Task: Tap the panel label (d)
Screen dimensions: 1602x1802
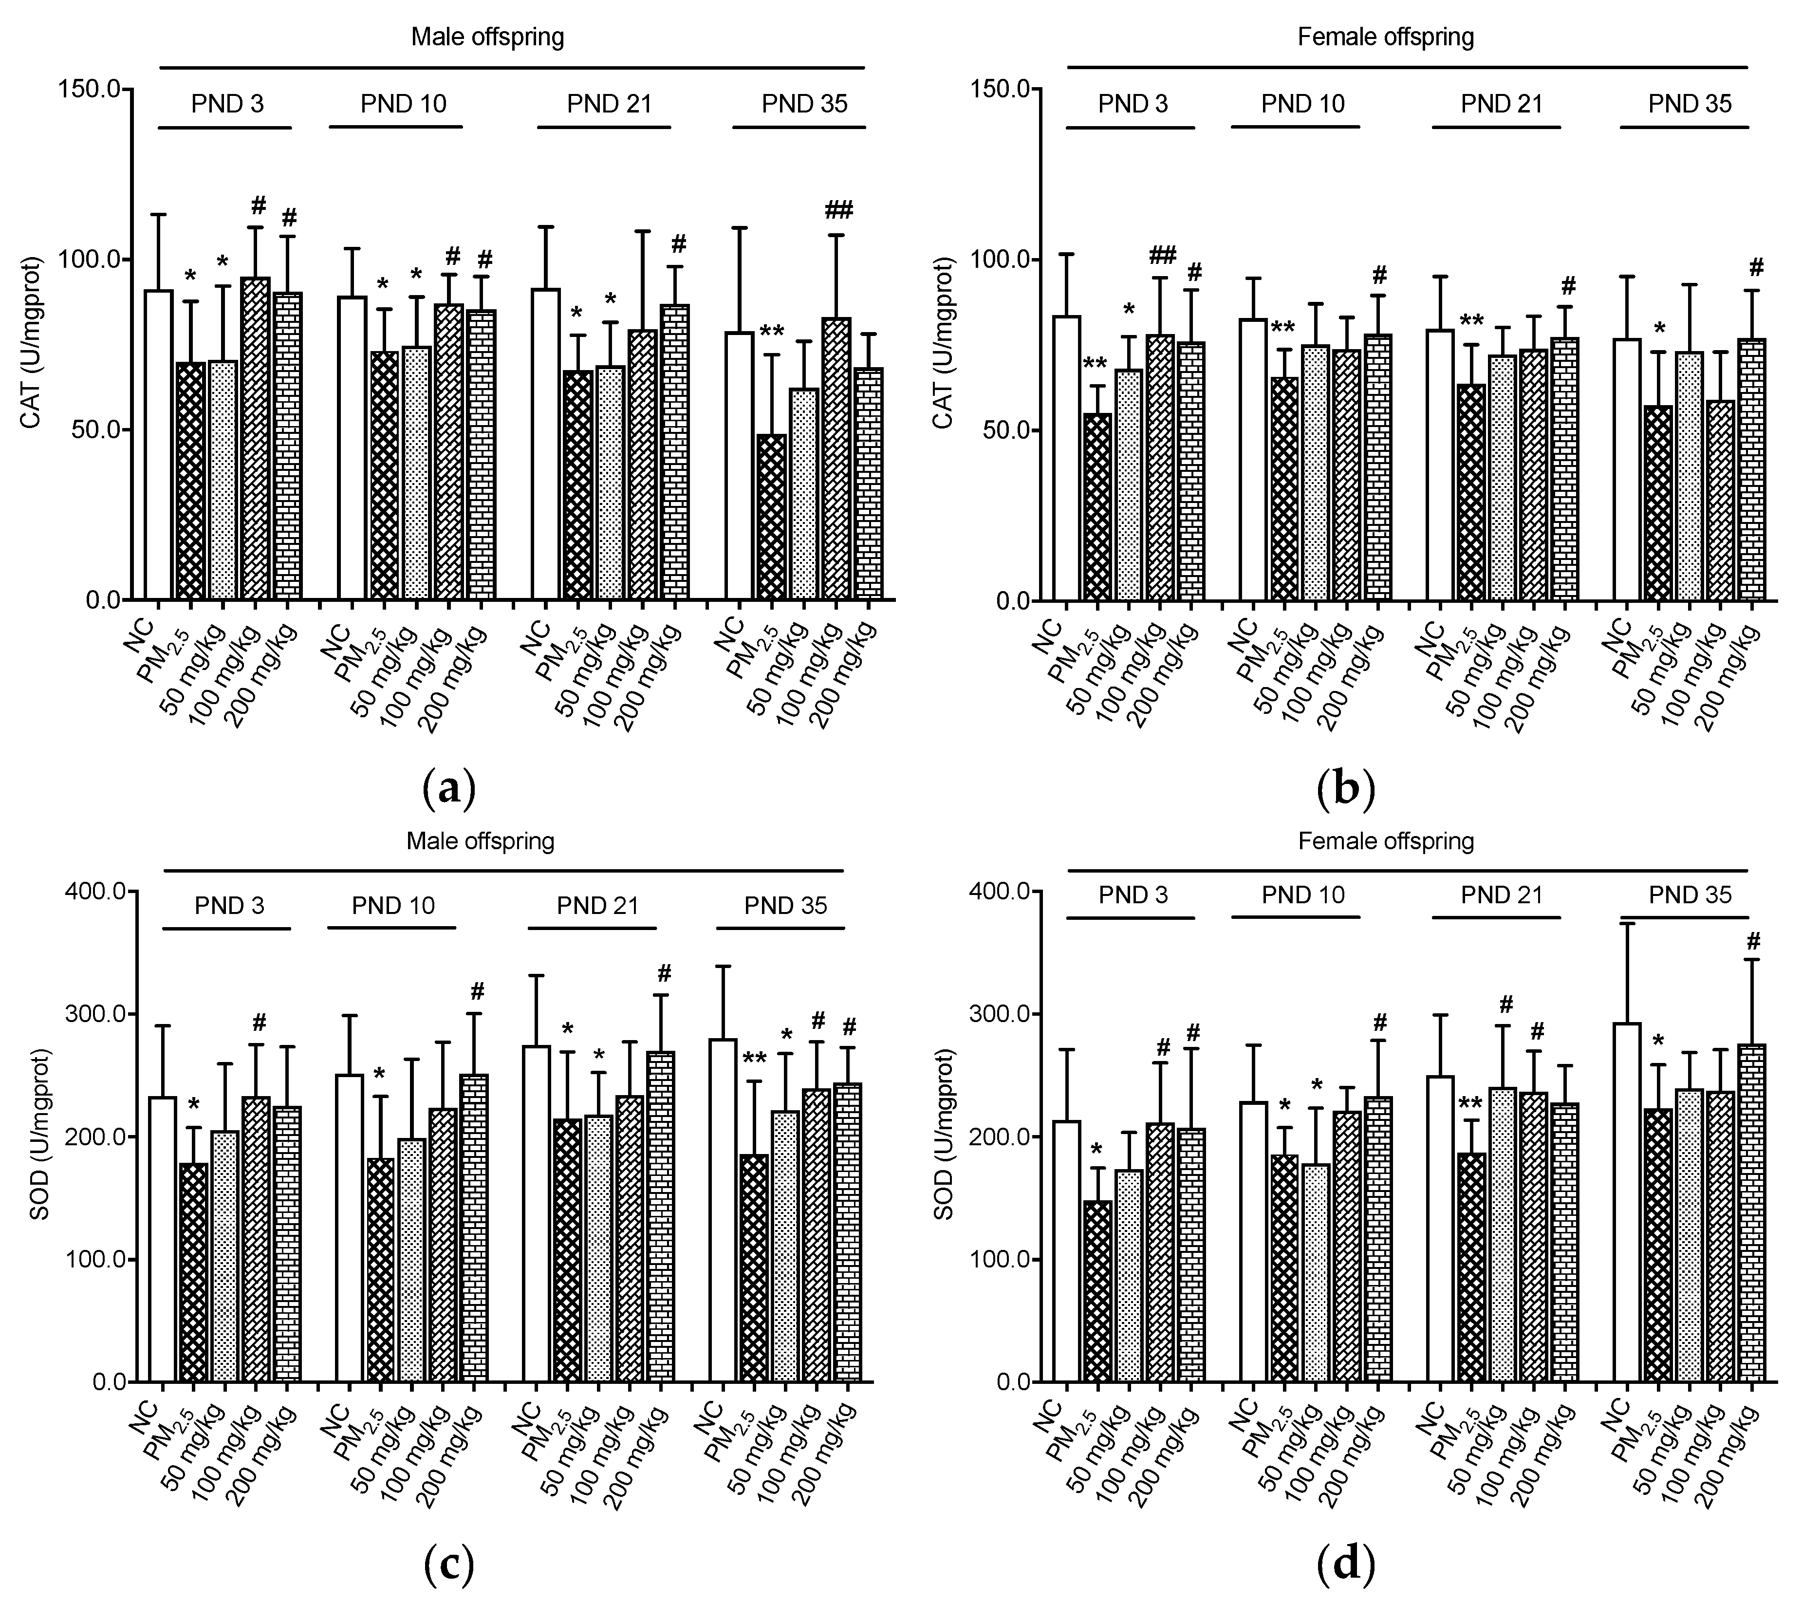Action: tap(1344, 1565)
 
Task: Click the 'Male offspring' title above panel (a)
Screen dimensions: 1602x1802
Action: tap(487, 37)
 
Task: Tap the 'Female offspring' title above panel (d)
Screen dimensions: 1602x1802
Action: tap(1386, 841)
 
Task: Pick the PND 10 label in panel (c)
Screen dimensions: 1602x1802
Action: tap(393, 906)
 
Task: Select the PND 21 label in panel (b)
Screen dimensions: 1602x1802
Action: tap(1502, 104)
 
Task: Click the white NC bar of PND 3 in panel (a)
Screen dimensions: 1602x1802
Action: tap(159, 445)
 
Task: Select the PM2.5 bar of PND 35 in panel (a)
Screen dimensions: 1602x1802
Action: tap(771, 518)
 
